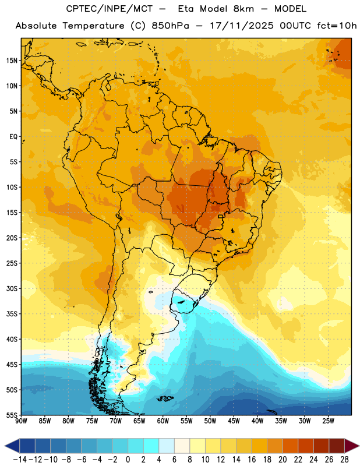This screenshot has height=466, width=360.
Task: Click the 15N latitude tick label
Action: pos(12,61)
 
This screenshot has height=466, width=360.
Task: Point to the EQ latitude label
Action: pos(13,137)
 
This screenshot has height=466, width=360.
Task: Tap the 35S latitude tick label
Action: pos(12,314)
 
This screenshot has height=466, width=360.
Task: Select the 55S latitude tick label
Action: pos(12,415)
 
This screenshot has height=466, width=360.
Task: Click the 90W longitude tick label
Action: pos(22,421)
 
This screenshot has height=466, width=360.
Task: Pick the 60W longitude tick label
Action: pos(163,421)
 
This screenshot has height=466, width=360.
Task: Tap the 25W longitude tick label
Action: pos(328,421)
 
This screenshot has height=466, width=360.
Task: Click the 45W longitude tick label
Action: pos(234,421)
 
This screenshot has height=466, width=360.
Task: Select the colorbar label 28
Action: pos(344,460)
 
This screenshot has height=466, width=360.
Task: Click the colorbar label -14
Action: pos(20,460)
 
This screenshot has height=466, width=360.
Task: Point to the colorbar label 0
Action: pos(128,460)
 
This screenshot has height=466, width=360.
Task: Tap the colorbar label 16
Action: pos(252,460)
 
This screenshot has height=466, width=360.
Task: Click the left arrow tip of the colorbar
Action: pos(5,446)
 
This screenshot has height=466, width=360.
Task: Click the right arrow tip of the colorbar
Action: pos(359,446)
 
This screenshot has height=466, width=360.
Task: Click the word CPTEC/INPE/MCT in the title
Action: pos(109,9)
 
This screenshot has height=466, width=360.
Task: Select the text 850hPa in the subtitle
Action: pos(170,26)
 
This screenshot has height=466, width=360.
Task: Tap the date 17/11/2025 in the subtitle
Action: pos(241,26)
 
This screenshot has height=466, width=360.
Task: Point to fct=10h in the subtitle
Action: pos(337,26)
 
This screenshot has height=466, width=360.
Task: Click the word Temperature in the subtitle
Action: pos(93,26)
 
